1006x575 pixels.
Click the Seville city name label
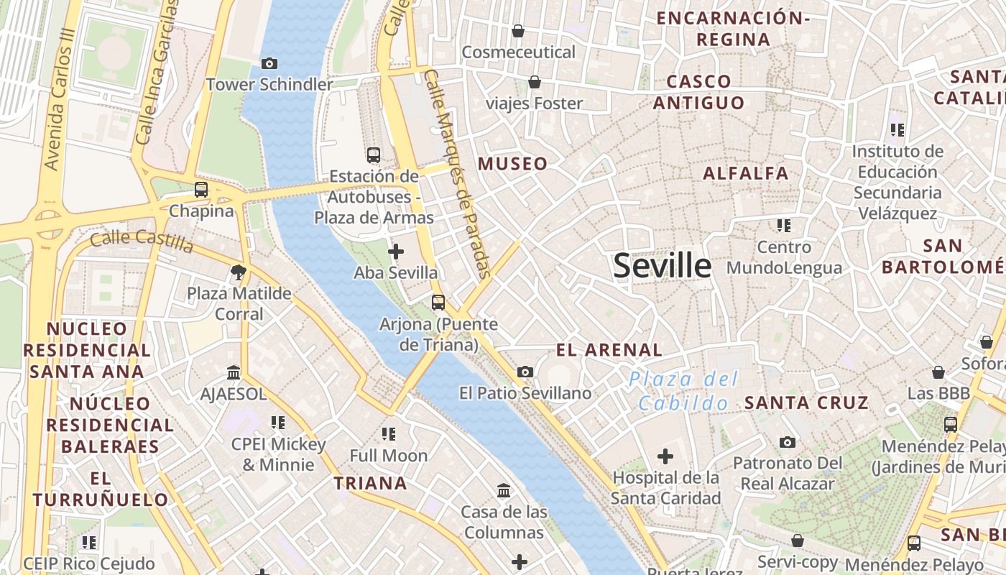tap(662, 266)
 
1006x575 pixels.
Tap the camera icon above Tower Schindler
tap(269, 63)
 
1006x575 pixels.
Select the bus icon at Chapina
tap(201, 190)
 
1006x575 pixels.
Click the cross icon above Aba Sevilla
tap(395, 252)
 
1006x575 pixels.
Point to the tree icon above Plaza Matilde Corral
tap(239, 272)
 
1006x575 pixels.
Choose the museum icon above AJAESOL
tap(234, 372)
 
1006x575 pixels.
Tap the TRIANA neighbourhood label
tap(370, 483)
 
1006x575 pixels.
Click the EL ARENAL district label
tap(609, 350)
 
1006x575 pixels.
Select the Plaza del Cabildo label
tap(683, 391)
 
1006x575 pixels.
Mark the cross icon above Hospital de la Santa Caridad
tap(665, 456)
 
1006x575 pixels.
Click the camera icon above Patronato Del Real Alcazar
tap(788, 442)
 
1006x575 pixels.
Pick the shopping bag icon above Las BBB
tap(938, 372)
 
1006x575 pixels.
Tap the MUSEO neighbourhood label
tap(512, 164)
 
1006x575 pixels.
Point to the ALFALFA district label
tap(745, 173)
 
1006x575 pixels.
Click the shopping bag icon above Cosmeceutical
tap(517, 31)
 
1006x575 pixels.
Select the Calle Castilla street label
tap(142, 241)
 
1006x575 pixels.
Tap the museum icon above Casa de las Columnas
tap(504, 491)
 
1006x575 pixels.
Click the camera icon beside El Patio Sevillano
tap(525, 372)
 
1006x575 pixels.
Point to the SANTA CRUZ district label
tap(806, 402)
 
